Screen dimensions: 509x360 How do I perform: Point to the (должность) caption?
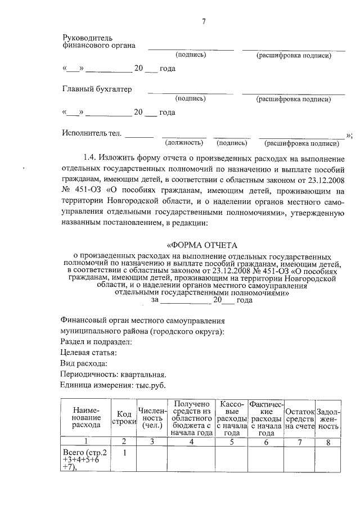(183, 143)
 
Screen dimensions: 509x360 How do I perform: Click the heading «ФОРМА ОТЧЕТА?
(203, 245)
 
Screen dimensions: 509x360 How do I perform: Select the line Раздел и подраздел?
(95, 341)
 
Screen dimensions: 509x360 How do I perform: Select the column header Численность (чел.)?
(152, 418)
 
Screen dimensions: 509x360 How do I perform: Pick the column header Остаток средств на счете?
(300, 418)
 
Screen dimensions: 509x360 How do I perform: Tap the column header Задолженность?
(328, 418)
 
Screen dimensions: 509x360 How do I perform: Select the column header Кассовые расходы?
(232, 418)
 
